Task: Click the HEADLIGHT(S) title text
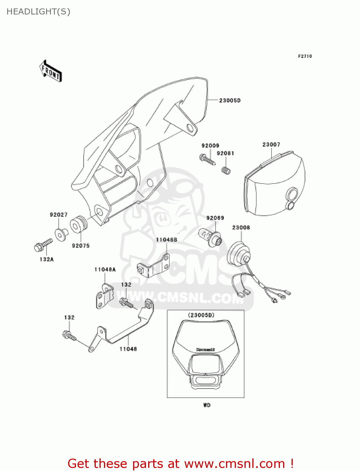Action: pos(38,12)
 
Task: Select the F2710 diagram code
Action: pos(305,56)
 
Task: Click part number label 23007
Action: pos(271,144)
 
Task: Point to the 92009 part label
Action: pos(210,146)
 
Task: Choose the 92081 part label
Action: pos(225,153)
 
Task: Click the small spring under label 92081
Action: pos(226,171)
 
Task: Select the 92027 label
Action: pos(59,215)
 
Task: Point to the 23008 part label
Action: pos(241,227)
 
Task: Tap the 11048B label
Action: pos(167,240)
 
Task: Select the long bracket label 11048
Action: pos(128,349)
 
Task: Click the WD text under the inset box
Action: pos(207,405)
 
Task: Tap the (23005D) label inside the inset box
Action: pos(201,315)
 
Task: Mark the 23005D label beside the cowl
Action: pos(230,100)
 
